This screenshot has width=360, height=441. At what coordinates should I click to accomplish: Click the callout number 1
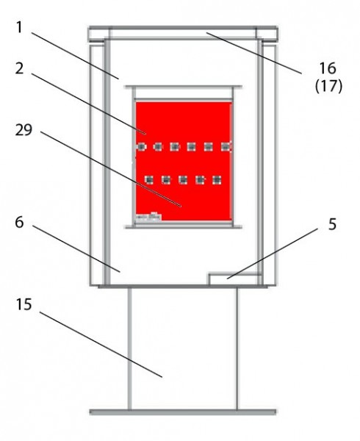[19, 27]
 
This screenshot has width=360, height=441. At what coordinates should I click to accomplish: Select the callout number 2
[19, 68]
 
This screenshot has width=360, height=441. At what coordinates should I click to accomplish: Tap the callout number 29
[24, 130]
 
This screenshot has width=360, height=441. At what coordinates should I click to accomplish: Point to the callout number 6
[19, 223]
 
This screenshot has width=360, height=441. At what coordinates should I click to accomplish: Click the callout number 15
[24, 304]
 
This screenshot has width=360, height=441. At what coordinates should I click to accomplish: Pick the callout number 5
[333, 224]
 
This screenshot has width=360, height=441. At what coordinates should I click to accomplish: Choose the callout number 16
[328, 68]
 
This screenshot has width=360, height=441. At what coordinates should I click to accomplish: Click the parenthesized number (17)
[329, 86]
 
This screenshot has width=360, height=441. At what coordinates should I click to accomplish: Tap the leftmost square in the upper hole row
[141, 146]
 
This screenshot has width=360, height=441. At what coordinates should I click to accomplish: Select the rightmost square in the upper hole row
[225, 146]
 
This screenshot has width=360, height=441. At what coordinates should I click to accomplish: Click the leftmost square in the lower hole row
[149, 180]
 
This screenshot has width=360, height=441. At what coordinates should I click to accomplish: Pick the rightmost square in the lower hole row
[217, 180]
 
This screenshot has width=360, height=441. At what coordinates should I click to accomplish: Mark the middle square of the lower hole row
[183, 180]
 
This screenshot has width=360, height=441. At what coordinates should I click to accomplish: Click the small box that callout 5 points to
[235, 279]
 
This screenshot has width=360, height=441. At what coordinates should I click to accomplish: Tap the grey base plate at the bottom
[183, 412]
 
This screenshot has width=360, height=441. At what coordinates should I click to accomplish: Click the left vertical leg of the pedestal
[129, 348]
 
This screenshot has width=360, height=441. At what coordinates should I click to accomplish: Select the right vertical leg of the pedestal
[237, 348]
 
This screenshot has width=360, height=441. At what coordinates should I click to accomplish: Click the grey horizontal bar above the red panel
[183, 87]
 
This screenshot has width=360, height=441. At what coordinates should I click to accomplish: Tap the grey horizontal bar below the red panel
[183, 226]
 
